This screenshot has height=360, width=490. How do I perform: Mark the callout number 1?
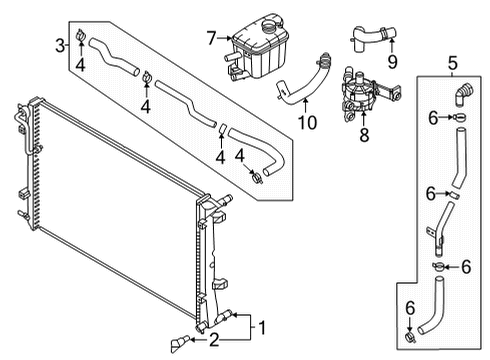tap(263, 326)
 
